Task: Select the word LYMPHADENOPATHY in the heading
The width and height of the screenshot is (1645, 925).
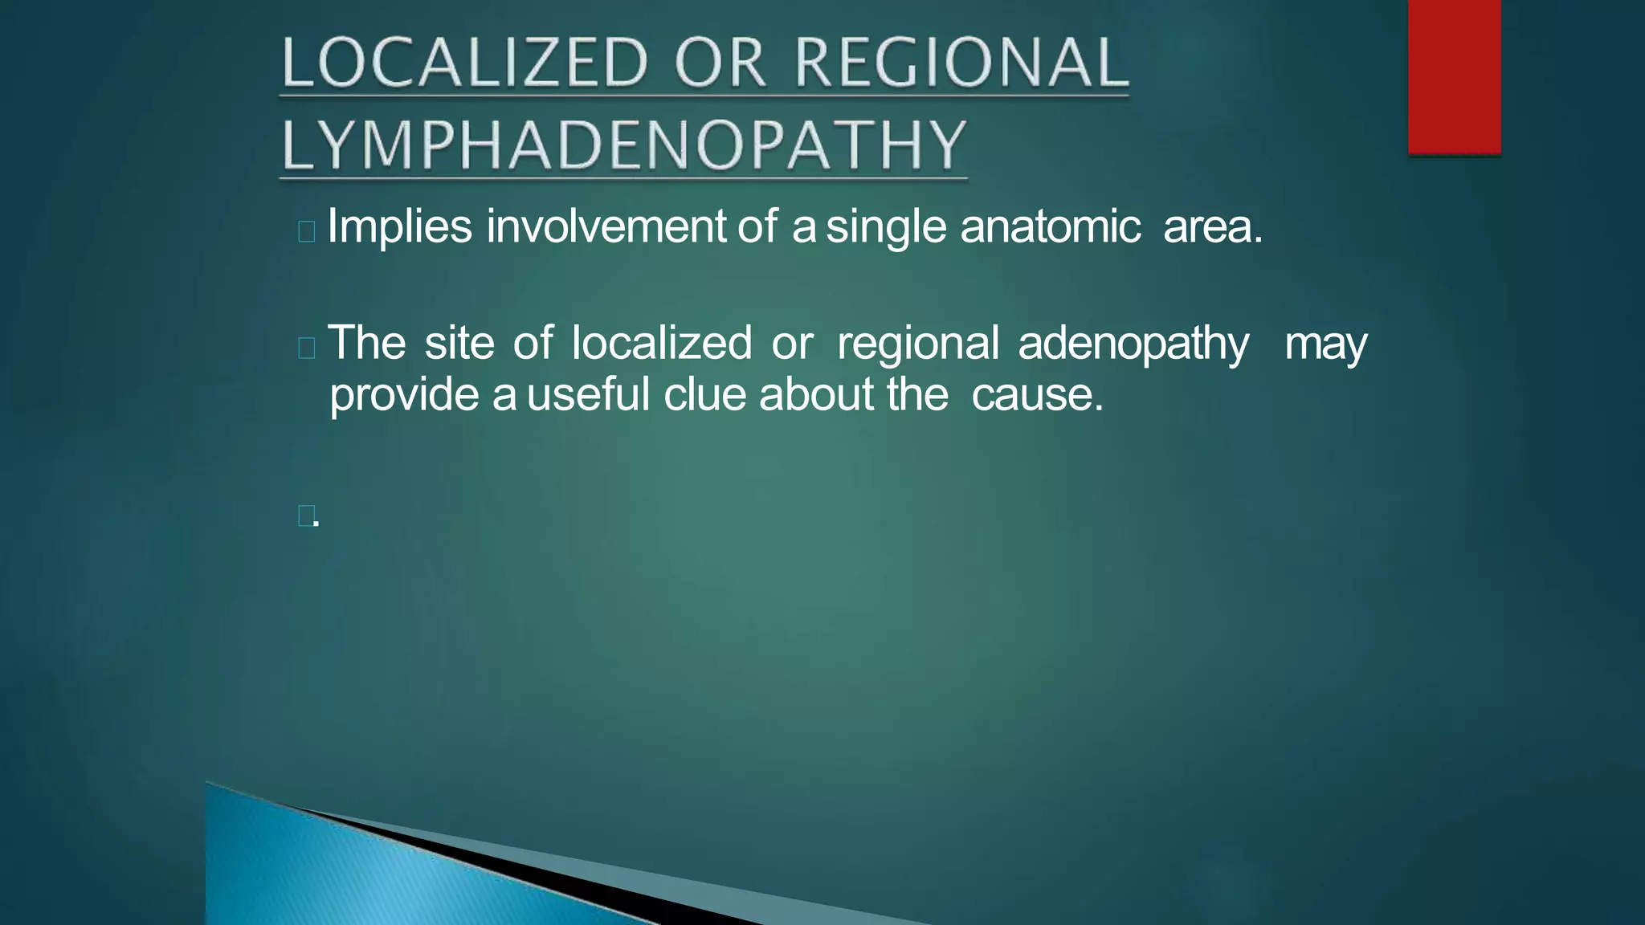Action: [x=624, y=145]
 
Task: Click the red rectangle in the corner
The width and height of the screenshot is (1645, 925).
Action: [x=1454, y=76]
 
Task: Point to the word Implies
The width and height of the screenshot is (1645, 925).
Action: [x=399, y=227]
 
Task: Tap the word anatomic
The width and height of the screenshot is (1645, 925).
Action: [x=1051, y=226]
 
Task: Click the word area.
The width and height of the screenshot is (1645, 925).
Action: [x=1213, y=227]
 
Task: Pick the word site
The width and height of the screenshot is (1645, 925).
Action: [x=459, y=343]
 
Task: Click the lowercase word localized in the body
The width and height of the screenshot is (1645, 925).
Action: [x=661, y=343]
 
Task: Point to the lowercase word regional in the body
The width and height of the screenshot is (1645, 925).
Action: [x=917, y=344]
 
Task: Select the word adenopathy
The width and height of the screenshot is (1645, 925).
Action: [x=1133, y=344]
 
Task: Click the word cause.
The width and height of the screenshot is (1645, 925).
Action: [x=1037, y=395]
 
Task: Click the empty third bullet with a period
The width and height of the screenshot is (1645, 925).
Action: [x=307, y=516]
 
